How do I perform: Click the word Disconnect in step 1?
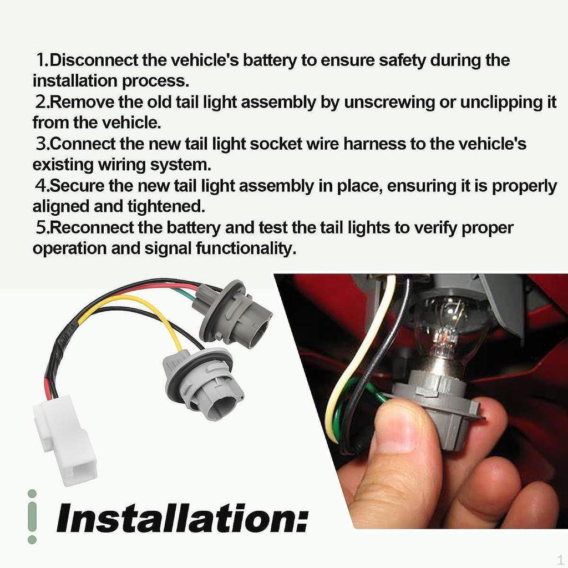[93, 60]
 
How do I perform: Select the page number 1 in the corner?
[560, 559]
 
